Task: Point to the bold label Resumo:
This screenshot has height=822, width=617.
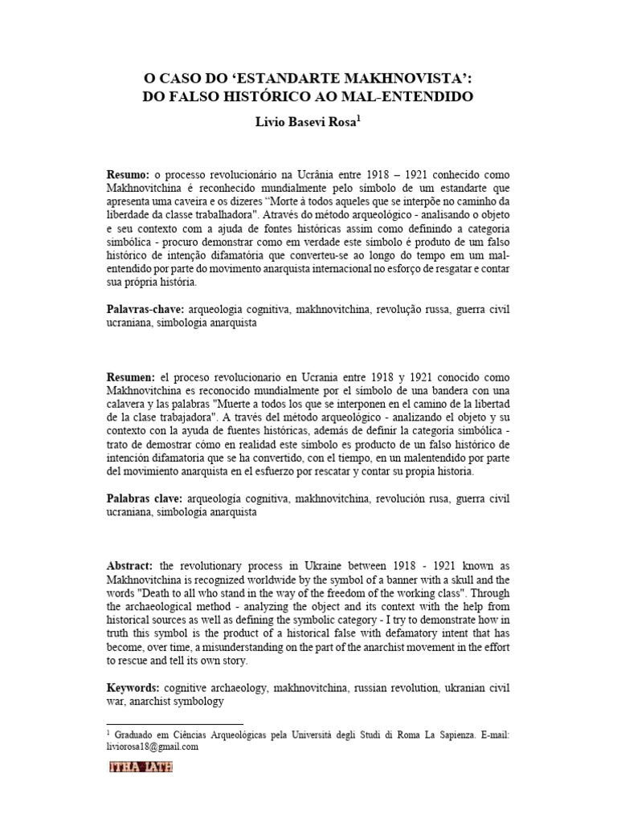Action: (129, 175)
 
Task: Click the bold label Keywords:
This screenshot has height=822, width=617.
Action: (133, 688)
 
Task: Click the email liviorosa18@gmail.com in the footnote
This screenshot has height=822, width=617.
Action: (152, 746)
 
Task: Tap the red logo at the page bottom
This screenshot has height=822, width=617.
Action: (141, 767)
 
